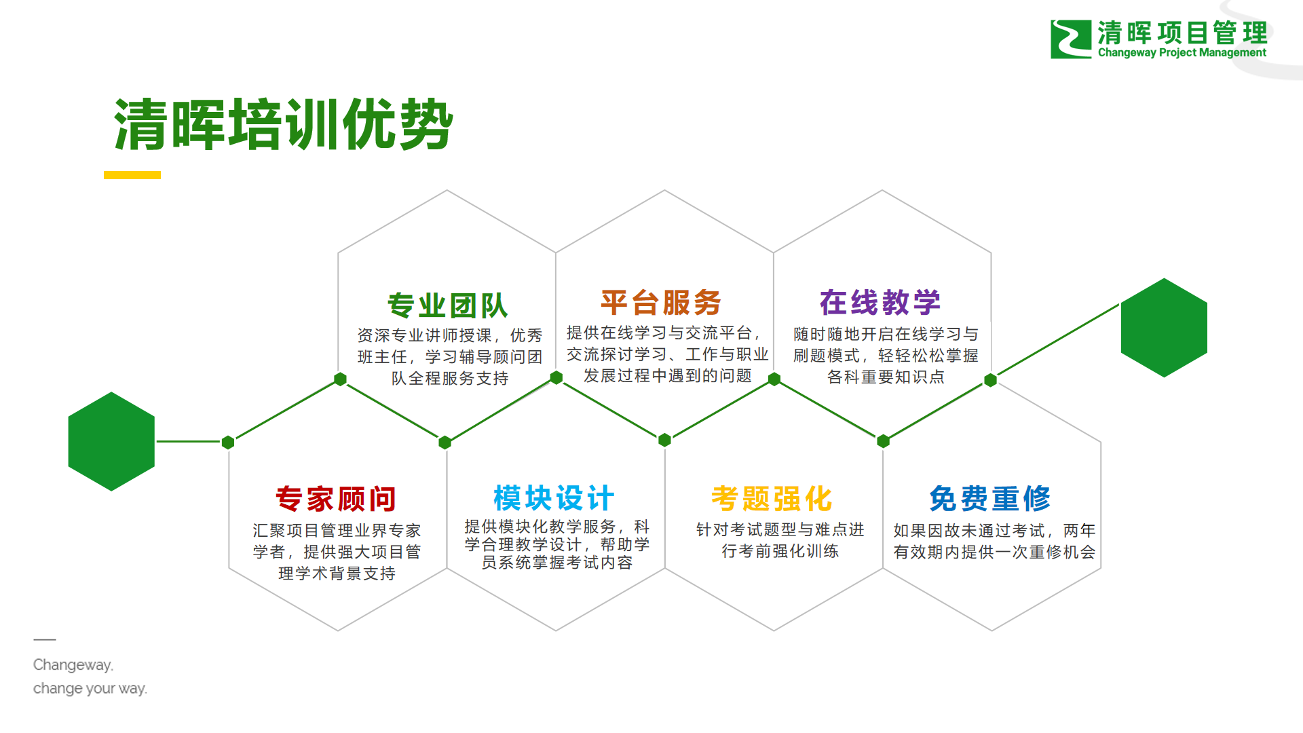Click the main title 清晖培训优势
(x=284, y=125)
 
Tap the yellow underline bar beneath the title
(x=132, y=175)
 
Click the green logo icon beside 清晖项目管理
(x=1070, y=39)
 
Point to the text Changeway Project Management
(x=1182, y=53)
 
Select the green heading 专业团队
(x=447, y=305)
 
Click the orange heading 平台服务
(x=661, y=303)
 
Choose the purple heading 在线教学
(x=880, y=303)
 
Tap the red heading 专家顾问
(x=336, y=499)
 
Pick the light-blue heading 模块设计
(x=554, y=498)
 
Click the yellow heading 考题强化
(x=772, y=499)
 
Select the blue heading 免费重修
(x=990, y=499)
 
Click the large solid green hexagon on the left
(x=111, y=441)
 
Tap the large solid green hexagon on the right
(x=1164, y=328)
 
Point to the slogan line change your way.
(x=90, y=688)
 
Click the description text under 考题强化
(x=780, y=540)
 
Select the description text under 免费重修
(x=994, y=541)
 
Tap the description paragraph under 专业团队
(x=450, y=357)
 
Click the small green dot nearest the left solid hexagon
(x=228, y=443)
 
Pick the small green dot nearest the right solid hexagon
(x=990, y=380)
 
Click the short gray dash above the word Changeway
(x=45, y=639)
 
